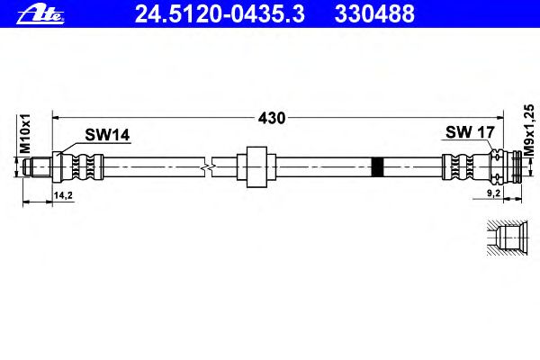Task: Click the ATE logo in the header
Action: (40, 14)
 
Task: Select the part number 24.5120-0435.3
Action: (220, 14)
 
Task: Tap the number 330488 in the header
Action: (374, 14)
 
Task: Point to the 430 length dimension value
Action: (272, 118)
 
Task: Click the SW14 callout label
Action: (107, 135)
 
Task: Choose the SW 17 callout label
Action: (470, 132)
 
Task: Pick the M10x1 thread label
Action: (25, 134)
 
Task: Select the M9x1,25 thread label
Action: (529, 130)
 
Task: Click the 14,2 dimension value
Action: (63, 195)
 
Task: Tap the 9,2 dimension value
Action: (493, 193)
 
